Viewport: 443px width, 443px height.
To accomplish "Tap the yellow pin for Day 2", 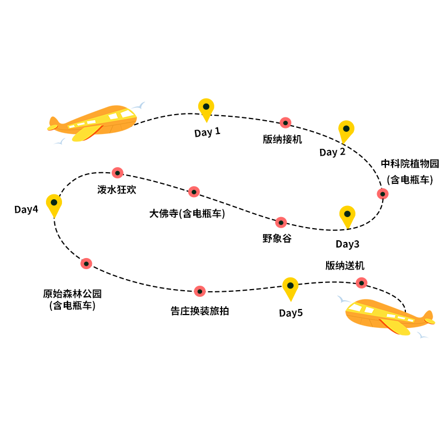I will pos(346,130).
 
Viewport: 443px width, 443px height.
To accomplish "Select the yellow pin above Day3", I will pos(347,215).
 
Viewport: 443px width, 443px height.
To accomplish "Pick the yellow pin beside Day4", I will pos(54,204).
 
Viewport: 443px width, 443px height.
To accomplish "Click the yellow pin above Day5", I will pos(290,287).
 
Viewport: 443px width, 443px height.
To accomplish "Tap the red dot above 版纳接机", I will pos(285,122).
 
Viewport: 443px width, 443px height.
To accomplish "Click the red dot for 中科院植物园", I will pos(382,194).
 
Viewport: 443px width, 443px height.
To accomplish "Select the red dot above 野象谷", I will pos(281,222).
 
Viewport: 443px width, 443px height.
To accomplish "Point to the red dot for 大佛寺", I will pos(194,192).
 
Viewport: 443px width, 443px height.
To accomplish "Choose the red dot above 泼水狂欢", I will pos(117,172).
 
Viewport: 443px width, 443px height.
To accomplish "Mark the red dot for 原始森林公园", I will pos(86,263).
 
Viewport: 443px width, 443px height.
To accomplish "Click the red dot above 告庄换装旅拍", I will pos(200,291).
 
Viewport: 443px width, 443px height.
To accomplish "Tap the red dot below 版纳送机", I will pos(361,282).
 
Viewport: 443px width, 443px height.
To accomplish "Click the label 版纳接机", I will pos(282,139).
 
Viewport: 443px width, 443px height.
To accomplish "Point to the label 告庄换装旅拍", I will pos(199,311).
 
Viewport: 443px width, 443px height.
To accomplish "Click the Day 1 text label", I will pos(207,132).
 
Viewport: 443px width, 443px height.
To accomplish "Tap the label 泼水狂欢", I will pos(117,189).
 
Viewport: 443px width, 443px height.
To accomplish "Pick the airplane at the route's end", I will pos(388,316).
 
